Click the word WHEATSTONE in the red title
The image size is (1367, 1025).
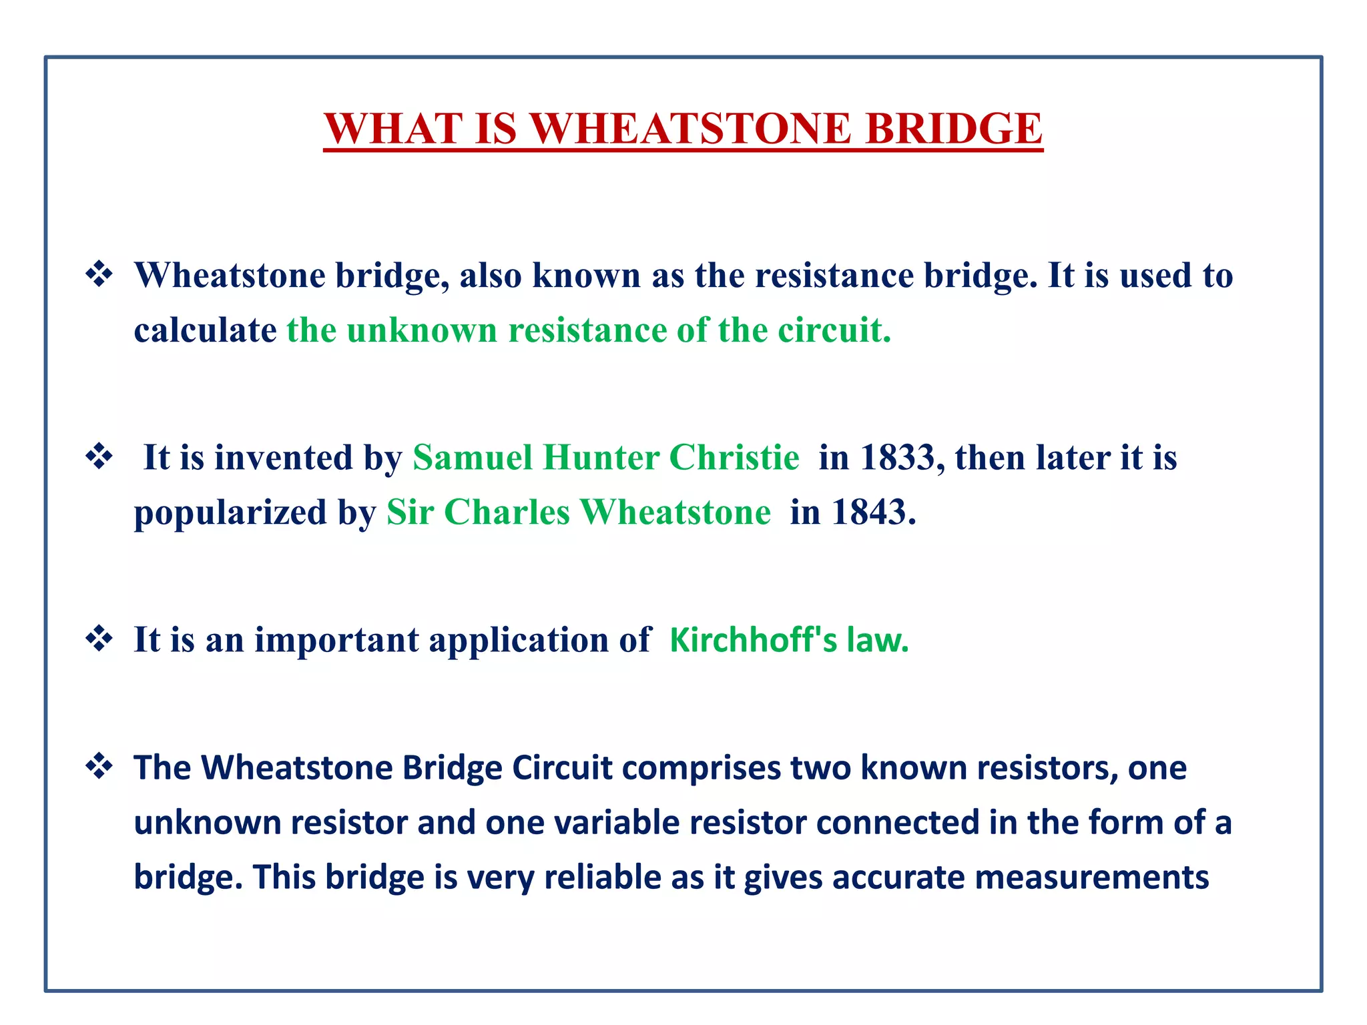click(692, 128)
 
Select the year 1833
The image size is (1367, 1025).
click(897, 458)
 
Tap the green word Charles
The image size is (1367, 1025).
click(507, 512)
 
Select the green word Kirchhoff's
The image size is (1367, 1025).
click(752, 639)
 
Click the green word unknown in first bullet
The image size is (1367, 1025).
click(422, 330)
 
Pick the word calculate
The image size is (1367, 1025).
click(205, 330)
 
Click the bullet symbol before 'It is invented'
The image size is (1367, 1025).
click(99, 457)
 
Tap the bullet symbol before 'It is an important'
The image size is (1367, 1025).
click(99, 639)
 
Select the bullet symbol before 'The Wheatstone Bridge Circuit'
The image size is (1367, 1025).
click(99, 766)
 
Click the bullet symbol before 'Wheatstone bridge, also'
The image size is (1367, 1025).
click(99, 274)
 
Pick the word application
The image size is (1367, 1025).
click(518, 641)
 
